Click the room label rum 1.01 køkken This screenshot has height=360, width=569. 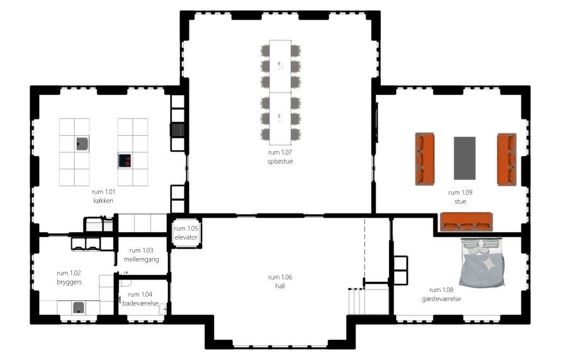pos(103,196)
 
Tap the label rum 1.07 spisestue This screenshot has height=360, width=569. pos(280,157)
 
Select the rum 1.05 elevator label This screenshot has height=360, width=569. pos(186,233)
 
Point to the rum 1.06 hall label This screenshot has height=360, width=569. pos(280,281)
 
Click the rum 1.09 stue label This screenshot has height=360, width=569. pos(460,197)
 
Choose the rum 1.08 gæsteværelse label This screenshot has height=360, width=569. pos(441,294)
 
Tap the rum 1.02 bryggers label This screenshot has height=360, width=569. pos(69,278)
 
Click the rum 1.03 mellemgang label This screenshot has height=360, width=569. pos(141,255)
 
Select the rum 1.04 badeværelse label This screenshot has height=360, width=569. pos(140,299)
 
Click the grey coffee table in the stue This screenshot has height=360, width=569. pos(465,158)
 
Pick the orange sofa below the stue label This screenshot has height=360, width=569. pos(466,222)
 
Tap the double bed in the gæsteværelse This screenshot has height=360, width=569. pos(482,263)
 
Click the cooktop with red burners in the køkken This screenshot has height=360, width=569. pos(125,160)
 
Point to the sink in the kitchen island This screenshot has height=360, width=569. pos(82,143)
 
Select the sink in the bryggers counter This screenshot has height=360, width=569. pos(79,308)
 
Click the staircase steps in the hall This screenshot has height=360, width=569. pos(368,301)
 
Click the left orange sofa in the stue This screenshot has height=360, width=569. pos(425,159)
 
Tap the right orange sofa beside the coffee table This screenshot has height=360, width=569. pos(507,159)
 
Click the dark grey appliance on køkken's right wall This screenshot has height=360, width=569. pos(177,130)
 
